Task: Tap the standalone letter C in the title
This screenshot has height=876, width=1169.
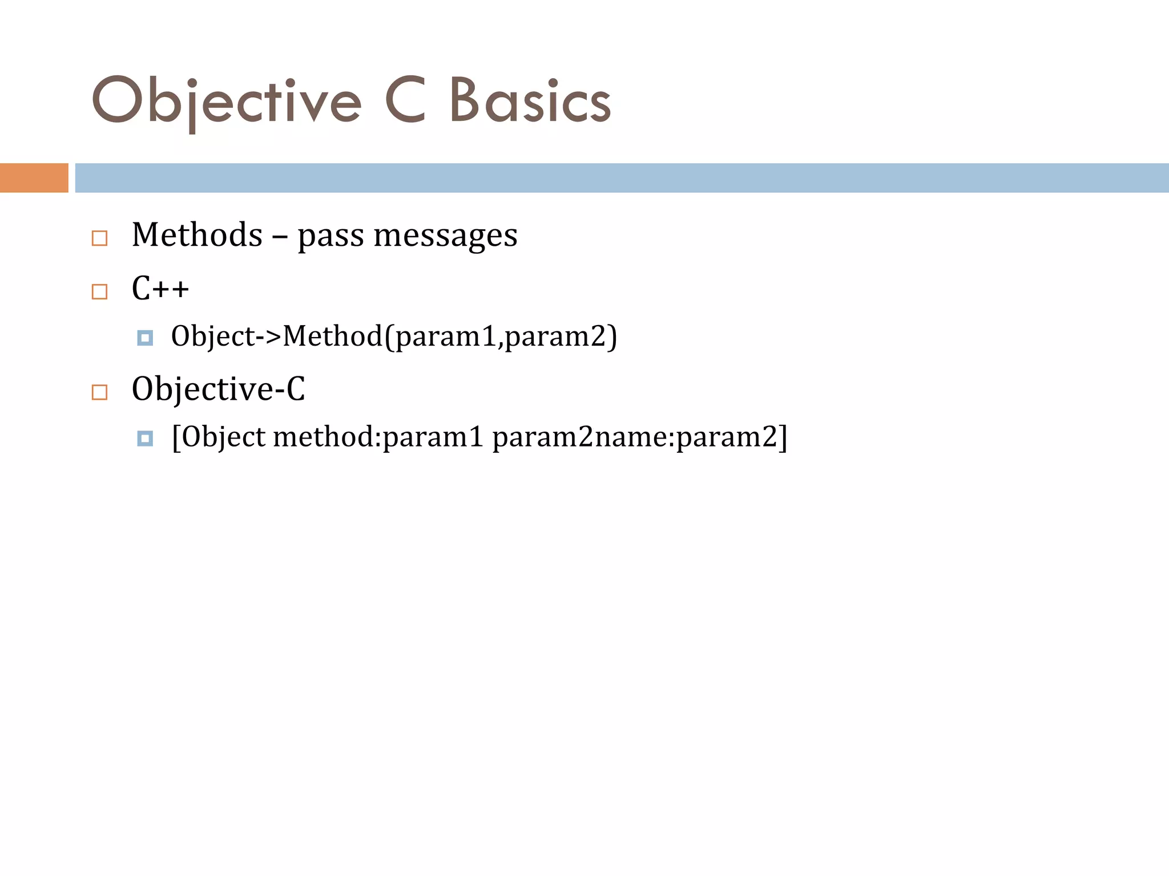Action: tap(406, 100)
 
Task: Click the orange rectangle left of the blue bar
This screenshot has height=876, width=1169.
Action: tap(34, 178)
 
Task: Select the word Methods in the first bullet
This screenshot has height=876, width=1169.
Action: tap(197, 235)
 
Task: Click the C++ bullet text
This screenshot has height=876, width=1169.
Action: tap(160, 288)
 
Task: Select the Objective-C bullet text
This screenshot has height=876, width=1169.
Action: tap(218, 389)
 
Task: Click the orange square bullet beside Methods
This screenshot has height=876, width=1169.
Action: tap(100, 238)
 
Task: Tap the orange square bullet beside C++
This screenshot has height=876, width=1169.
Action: tap(100, 291)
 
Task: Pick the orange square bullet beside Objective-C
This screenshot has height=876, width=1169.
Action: tap(100, 392)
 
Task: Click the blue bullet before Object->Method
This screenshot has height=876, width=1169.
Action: tap(145, 338)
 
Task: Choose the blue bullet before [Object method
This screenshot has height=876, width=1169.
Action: tap(145, 439)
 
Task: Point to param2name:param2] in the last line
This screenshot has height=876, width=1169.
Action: tap(639, 437)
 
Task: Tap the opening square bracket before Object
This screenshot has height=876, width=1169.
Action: tap(176, 437)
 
